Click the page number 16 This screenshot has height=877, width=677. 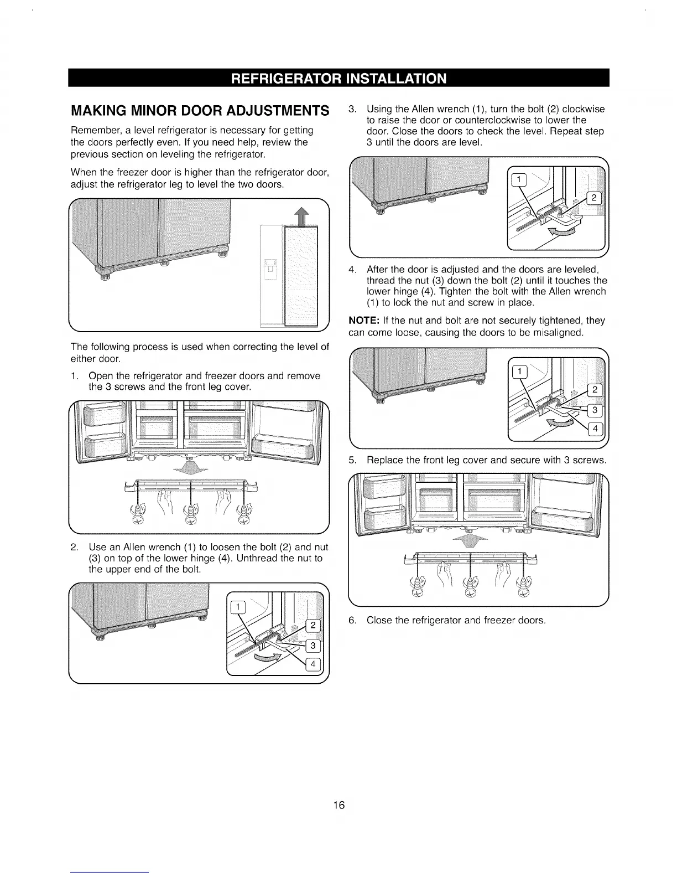pyautogui.click(x=338, y=805)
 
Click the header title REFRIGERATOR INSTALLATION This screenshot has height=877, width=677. pyautogui.click(x=338, y=78)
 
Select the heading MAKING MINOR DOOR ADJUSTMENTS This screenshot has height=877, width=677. pyautogui.click(x=196, y=110)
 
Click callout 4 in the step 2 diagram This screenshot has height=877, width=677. pyautogui.click(x=313, y=665)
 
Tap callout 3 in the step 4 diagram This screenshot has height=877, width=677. pyautogui.click(x=595, y=410)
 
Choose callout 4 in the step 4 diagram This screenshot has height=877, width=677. pyautogui.click(x=595, y=429)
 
